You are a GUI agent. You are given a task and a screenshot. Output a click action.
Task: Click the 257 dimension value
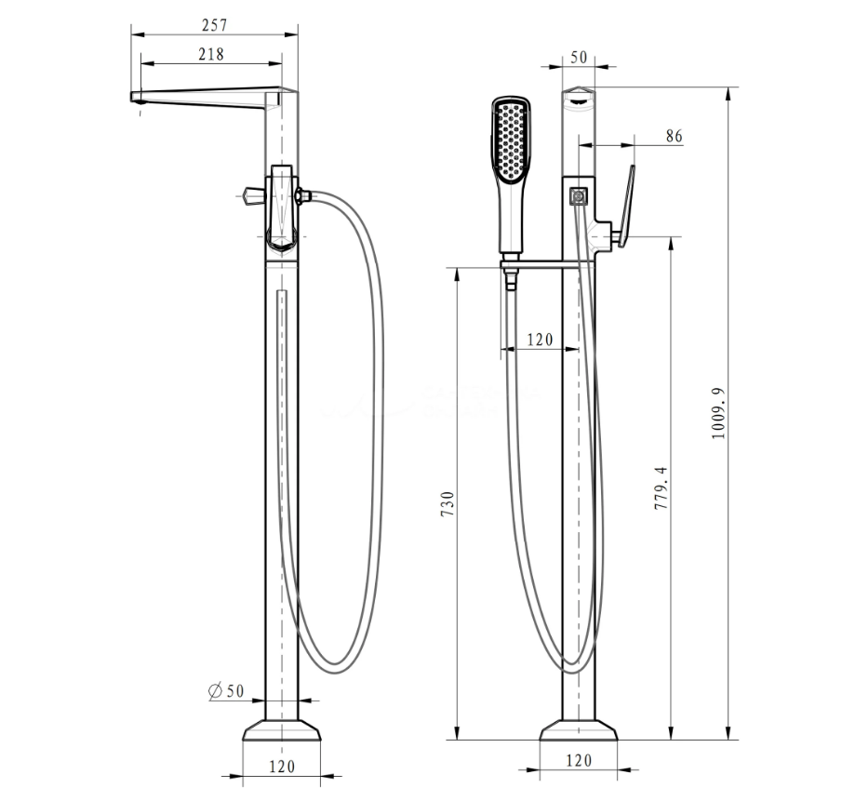click(214, 25)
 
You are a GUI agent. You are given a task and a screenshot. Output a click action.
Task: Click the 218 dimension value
click(211, 54)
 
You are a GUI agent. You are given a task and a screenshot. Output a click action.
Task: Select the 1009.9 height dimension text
click(718, 413)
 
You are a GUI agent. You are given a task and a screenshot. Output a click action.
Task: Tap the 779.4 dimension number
click(661, 488)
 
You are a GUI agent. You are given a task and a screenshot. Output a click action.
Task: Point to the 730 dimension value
click(448, 504)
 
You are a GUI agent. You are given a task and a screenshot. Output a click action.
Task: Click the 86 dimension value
click(674, 137)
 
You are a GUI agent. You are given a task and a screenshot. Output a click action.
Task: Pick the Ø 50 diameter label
click(226, 691)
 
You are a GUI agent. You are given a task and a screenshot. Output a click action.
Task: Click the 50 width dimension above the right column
click(579, 58)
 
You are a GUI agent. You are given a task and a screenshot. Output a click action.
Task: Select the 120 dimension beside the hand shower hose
click(540, 340)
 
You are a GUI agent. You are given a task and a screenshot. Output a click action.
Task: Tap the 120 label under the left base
click(282, 767)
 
